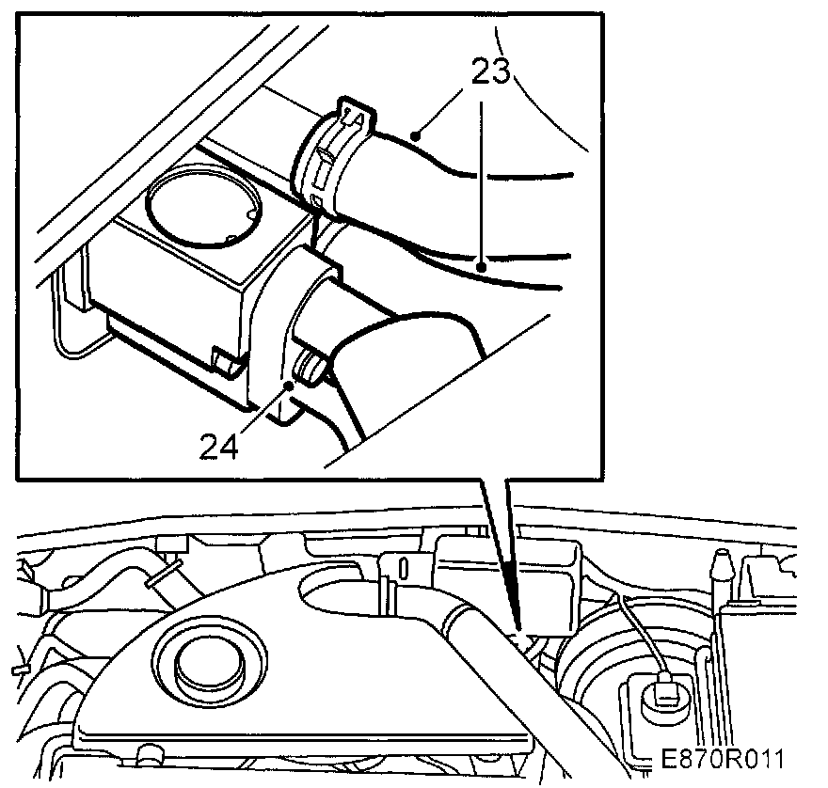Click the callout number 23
coord(489,72)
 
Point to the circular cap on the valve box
coord(203,205)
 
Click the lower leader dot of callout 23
coord(482,266)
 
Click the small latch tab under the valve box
coord(223,359)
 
